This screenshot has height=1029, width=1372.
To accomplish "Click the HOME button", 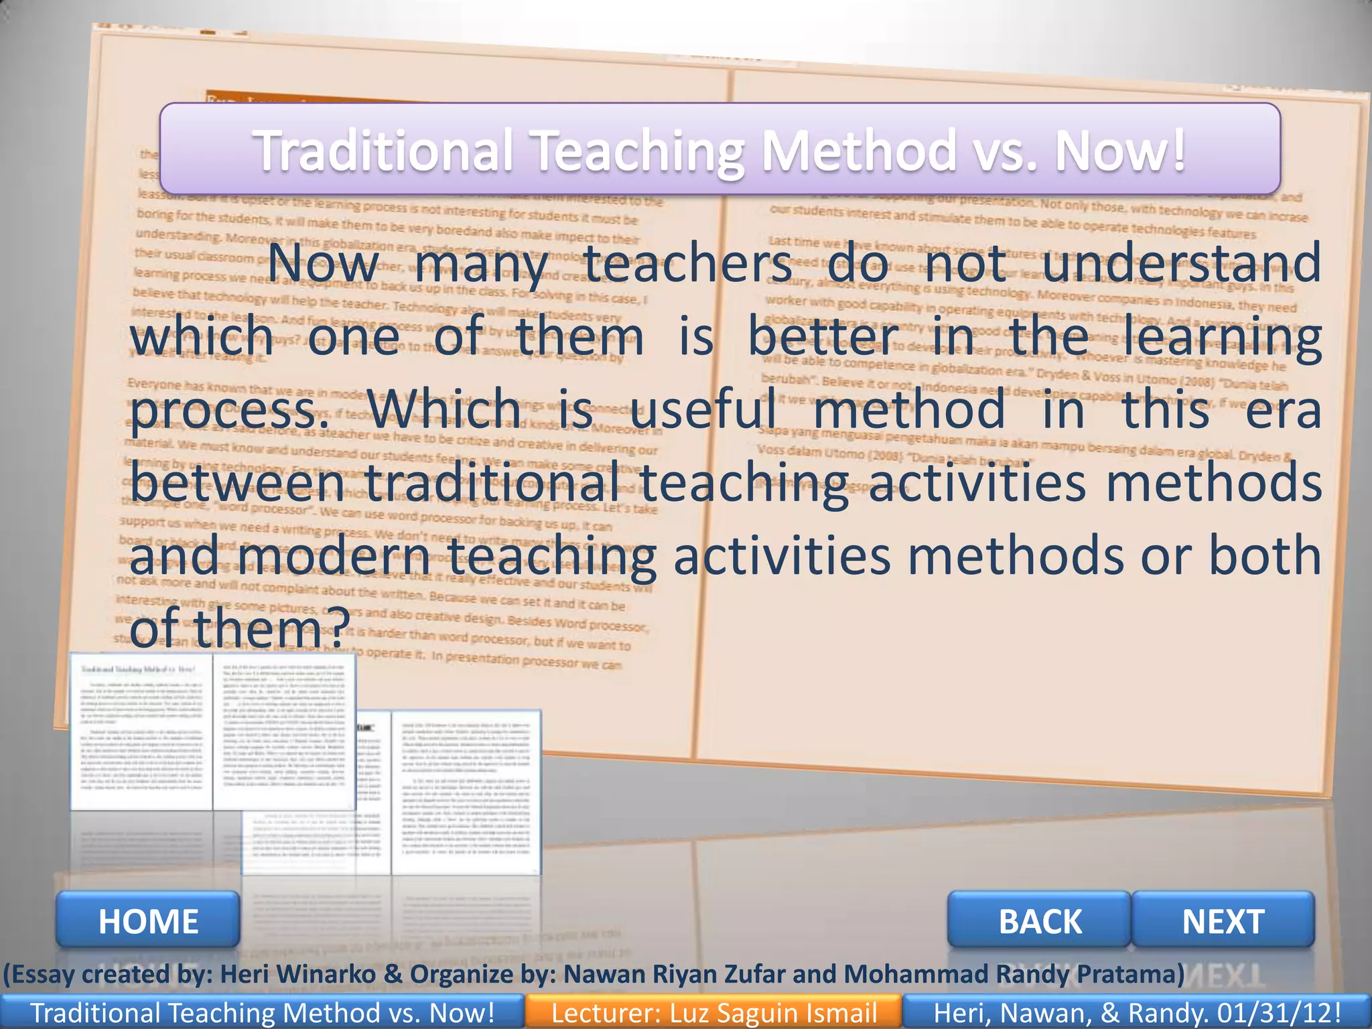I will point(148,920).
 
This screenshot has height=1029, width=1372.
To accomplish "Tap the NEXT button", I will point(1223,920).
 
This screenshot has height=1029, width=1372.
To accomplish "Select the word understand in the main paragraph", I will point(1182,263).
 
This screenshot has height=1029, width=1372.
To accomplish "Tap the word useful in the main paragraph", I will point(703,409).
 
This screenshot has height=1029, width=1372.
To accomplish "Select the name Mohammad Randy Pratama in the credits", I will point(1014,974).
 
